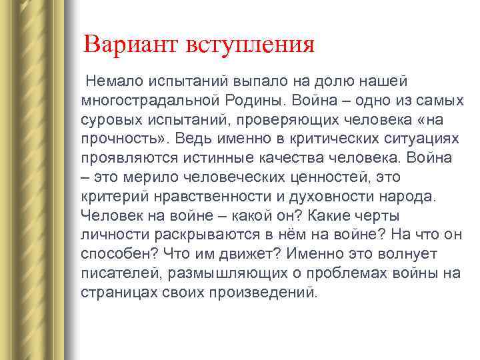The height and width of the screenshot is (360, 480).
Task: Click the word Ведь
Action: [x=188, y=139]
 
